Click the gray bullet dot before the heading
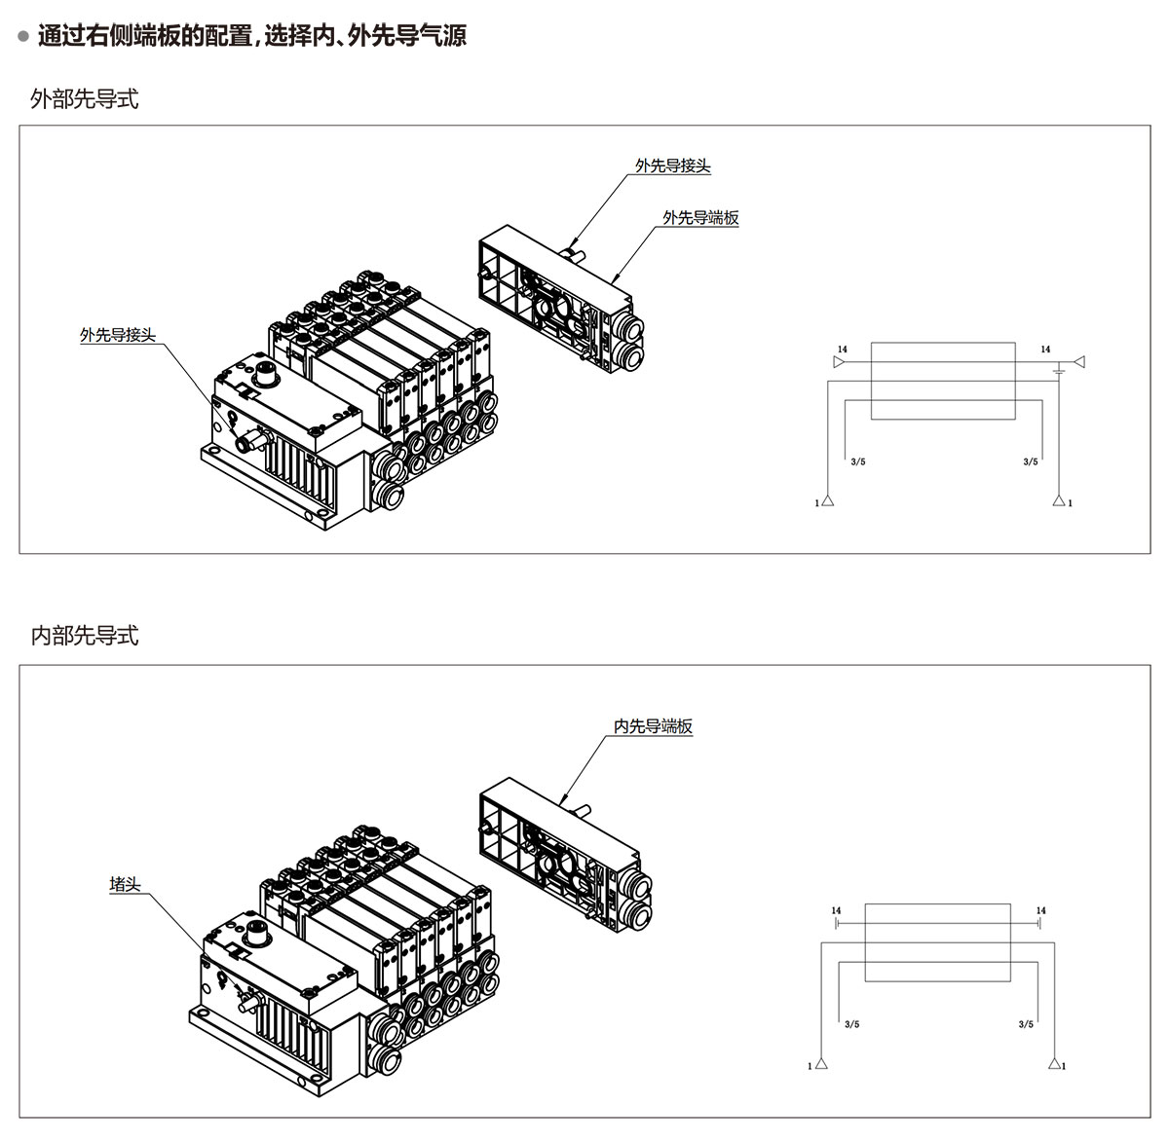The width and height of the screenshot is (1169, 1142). pos(23,37)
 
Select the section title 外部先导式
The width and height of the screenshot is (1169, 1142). pos(85,99)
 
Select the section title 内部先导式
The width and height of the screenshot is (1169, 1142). pos(85,636)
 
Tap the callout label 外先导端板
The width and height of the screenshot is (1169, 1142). pos(700,218)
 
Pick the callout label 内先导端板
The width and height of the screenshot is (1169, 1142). pos(653,726)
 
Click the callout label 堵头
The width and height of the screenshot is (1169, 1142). pos(126,885)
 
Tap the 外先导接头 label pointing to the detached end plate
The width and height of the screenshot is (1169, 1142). pos(673,166)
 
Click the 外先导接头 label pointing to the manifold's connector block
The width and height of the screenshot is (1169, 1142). pos(118,336)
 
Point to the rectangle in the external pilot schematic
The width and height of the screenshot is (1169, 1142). pos(943,381)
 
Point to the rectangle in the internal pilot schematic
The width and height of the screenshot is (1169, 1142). pos(937,941)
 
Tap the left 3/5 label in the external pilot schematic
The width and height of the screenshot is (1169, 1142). pos(857,461)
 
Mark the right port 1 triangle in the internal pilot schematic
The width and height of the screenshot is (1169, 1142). pos(1054,1063)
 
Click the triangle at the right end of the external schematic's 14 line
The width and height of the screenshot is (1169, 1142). pos(1078,361)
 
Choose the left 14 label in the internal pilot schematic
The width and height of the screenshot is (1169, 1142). pos(836,911)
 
